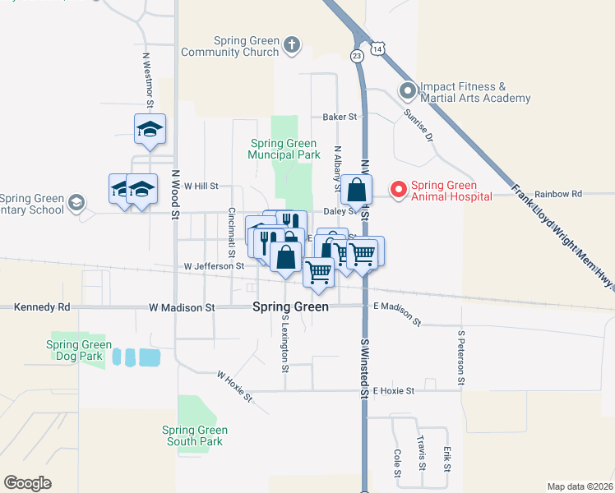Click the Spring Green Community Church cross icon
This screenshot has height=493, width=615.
pos(292,45)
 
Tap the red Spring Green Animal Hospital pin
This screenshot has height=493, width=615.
pos(399,190)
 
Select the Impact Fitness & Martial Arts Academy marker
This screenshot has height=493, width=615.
pos(407,91)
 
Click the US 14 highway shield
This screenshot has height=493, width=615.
pos(377,49)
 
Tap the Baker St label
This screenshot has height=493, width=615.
pos(340,117)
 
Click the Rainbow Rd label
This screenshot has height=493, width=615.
pos(557,194)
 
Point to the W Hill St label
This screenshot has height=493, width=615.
pos(201,187)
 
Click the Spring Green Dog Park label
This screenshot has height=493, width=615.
pos(79,350)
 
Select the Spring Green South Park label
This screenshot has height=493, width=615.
pos(195,435)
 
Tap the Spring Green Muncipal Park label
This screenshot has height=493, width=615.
pos(284,149)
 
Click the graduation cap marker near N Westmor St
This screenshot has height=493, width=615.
pos(150,129)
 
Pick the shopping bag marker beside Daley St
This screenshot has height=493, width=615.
pos(356,190)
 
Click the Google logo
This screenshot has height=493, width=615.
pos(27,482)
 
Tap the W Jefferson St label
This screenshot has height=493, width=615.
pos(214,266)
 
